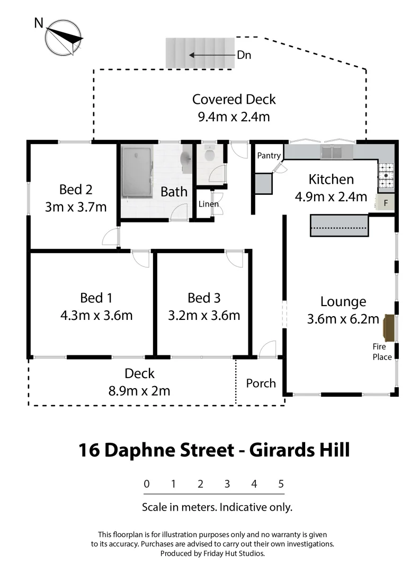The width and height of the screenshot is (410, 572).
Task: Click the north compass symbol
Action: tap(64, 37)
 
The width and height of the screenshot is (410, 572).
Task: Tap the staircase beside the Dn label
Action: tap(200, 53)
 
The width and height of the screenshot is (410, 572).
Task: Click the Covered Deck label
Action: tap(234, 100)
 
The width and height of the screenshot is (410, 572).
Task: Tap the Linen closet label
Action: tap(208, 204)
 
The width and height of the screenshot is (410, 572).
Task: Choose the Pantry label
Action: tap(269, 156)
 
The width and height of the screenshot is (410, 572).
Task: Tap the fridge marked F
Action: tap(385, 202)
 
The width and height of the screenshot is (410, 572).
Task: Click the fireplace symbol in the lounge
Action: tap(389, 327)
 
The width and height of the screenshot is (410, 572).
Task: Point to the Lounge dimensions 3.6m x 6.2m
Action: tap(343, 319)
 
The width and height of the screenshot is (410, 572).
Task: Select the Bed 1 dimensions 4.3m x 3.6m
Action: tap(96, 316)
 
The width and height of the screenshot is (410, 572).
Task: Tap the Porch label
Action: tap(261, 383)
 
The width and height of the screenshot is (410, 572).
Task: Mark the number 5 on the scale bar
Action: tap(281, 484)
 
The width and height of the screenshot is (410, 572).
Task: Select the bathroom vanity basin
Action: tap(186, 159)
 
